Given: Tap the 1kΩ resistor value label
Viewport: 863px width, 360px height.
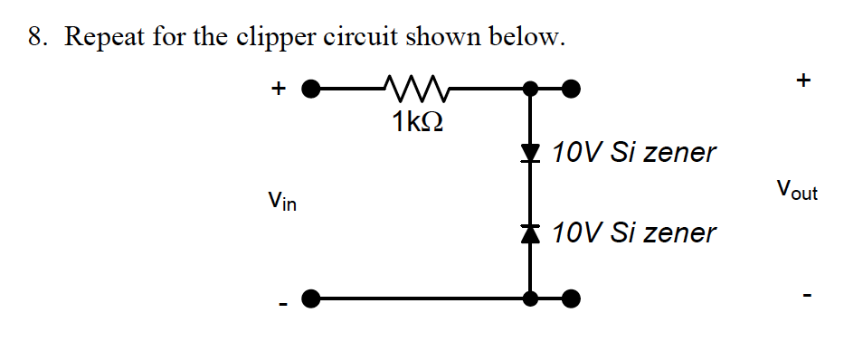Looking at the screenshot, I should (x=418, y=122).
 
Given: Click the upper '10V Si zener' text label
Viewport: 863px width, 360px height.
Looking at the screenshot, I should (x=633, y=152).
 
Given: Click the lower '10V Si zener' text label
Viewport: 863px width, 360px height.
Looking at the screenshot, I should (x=633, y=233).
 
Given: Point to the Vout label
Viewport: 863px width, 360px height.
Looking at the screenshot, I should (x=796, y=191).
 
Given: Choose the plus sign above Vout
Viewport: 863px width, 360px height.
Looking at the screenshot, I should (x=802, y=81).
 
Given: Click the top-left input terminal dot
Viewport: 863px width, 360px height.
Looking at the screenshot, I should (x=311, y=89).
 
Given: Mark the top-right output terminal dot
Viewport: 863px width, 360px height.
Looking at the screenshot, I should (x=570, y=89).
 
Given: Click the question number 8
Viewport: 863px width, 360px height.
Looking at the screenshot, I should (x=33, y=38).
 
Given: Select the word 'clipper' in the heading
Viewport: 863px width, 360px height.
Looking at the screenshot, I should (x=279, y=39).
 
